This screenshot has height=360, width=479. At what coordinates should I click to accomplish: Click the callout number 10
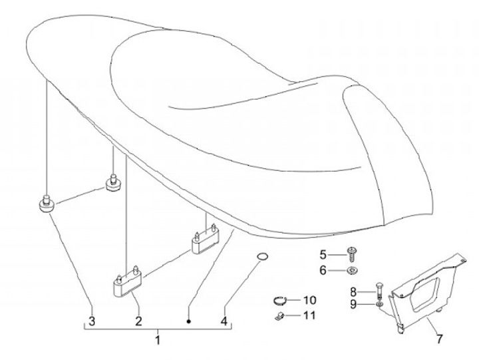(x=309, y=300)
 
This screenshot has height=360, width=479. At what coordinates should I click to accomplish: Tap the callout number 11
(x=309, y=315)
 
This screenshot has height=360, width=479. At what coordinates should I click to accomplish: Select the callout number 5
(x=323, y=254)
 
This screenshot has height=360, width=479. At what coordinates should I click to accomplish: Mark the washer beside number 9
(x=379, y=305)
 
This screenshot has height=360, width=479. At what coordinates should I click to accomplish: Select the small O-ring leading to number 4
(x=263, y=258)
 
